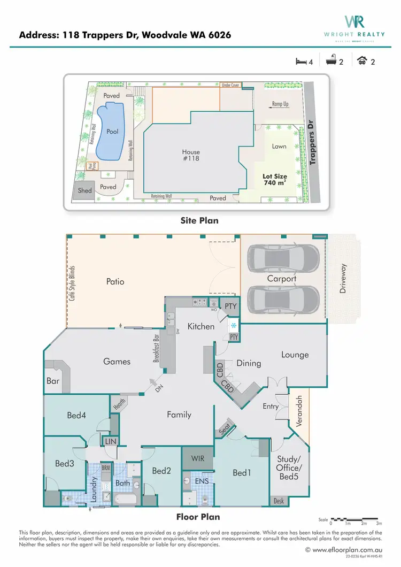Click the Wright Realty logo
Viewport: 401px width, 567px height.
(354, 27)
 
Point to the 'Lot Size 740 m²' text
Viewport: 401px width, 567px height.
(275, 179)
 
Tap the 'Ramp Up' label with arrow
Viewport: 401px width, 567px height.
(279, 104)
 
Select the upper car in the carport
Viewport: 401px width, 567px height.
(282, 259)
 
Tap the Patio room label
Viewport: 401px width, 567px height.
(115, 281)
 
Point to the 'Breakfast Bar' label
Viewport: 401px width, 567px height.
(157, 349)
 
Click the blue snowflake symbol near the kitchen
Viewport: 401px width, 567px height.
(233, 325)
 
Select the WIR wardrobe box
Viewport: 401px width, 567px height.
(198, 459)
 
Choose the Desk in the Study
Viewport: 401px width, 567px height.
(279, 501)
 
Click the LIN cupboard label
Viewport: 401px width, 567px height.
(111, 441)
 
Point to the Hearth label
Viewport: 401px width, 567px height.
(119, 405)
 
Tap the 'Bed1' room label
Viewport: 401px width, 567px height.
(242, 473)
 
